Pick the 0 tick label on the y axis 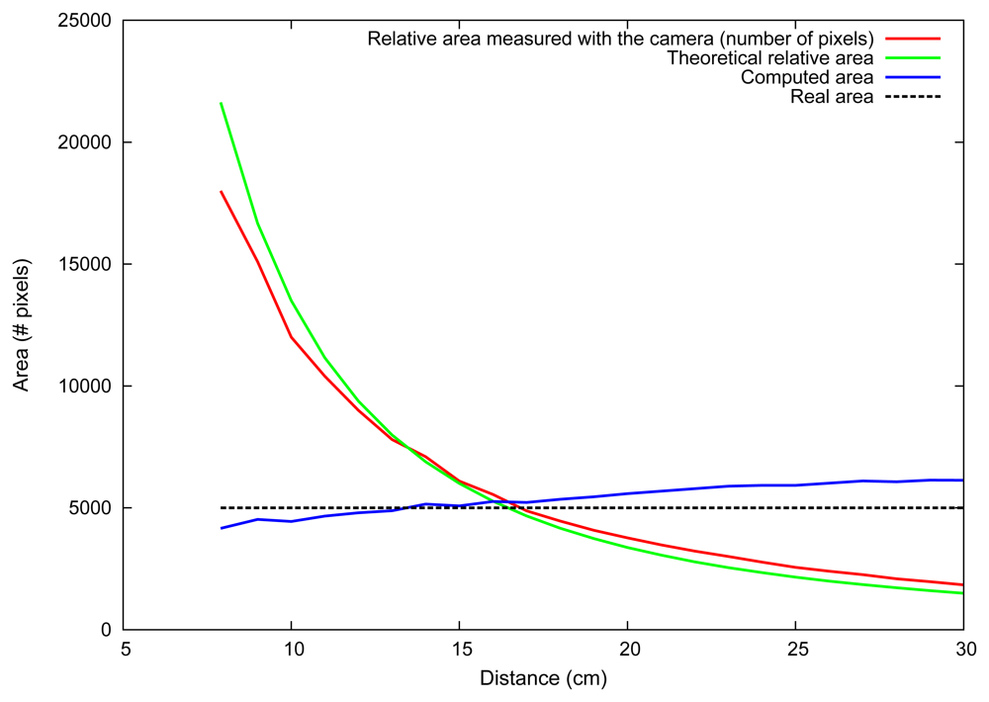click(x=106, y=630)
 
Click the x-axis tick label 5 click(x=124, y=650)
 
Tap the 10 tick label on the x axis click(x=291, y=650)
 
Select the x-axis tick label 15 click(x=459, y=650)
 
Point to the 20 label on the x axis click(x=627, y=650)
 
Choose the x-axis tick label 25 click(x=795, y=650)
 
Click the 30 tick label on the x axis click(x=963, y=650)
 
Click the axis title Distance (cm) click(x=543, y=679)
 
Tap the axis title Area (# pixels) click(x=22, y=325)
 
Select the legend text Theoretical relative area click(x=769, y=58)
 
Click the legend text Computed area click(x=806, y=77)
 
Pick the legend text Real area click(x=832, y=97)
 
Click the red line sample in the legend click(x=912, y=39)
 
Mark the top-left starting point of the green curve click(x=221, y=103)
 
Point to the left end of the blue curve click(x=221, y=528)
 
